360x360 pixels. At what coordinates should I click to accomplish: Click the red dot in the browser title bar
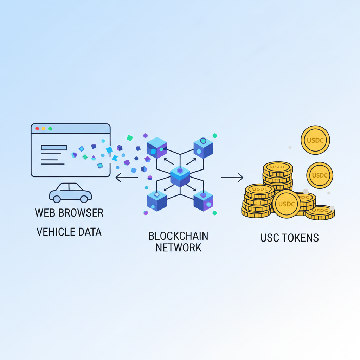click(x=37, y=129)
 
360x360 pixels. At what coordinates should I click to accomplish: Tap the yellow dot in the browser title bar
click(x=44, y=129)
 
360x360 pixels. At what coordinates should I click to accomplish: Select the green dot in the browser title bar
click(x=50, y=129)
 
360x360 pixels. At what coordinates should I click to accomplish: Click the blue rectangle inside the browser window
click(x=54, y=148)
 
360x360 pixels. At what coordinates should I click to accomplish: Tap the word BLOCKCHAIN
click(x=178, y=236)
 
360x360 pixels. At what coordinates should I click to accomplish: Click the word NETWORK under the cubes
click(x=178, y=247)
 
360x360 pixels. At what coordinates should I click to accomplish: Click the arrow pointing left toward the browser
click(x=127, y=178)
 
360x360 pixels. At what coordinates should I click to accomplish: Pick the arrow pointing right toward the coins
click(x=232, y=178)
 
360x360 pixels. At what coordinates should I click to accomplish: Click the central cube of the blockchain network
click(x=180, y=176)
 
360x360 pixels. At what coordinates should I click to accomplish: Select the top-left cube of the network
click(x=157, y=148)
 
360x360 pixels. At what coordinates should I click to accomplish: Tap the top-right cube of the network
click(x=203, y=148)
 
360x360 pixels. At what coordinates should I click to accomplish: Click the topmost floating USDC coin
click(x=315, y=140)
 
